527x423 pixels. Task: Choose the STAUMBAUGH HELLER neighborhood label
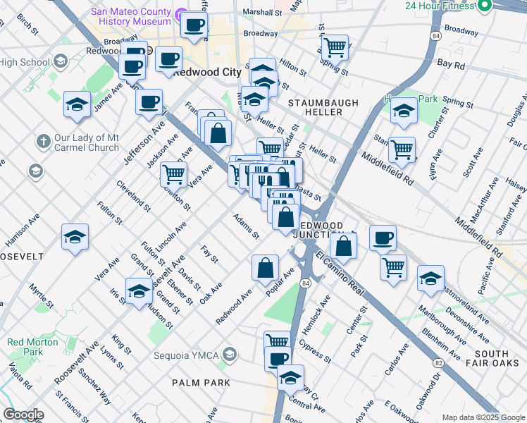pos(323,108)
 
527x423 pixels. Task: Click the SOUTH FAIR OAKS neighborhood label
pos(490,358)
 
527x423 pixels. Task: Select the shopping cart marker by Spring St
pos(335,47)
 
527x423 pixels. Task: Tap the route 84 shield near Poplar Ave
pos(305,283)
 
